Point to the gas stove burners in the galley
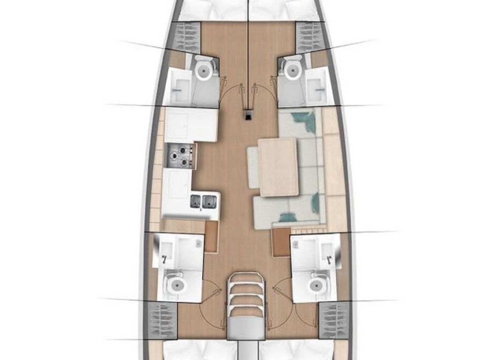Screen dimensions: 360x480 click(181, 156)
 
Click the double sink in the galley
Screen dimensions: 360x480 click(203, 202)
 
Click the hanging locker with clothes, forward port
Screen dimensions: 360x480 click(187, 37)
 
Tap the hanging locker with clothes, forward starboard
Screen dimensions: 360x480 click(308, 37)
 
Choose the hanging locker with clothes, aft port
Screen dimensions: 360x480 click(162, 320)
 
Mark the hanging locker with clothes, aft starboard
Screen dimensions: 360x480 click(334, 320)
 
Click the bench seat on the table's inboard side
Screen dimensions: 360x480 click(253, 167)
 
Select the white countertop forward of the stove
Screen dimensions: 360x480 click(190, 125)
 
